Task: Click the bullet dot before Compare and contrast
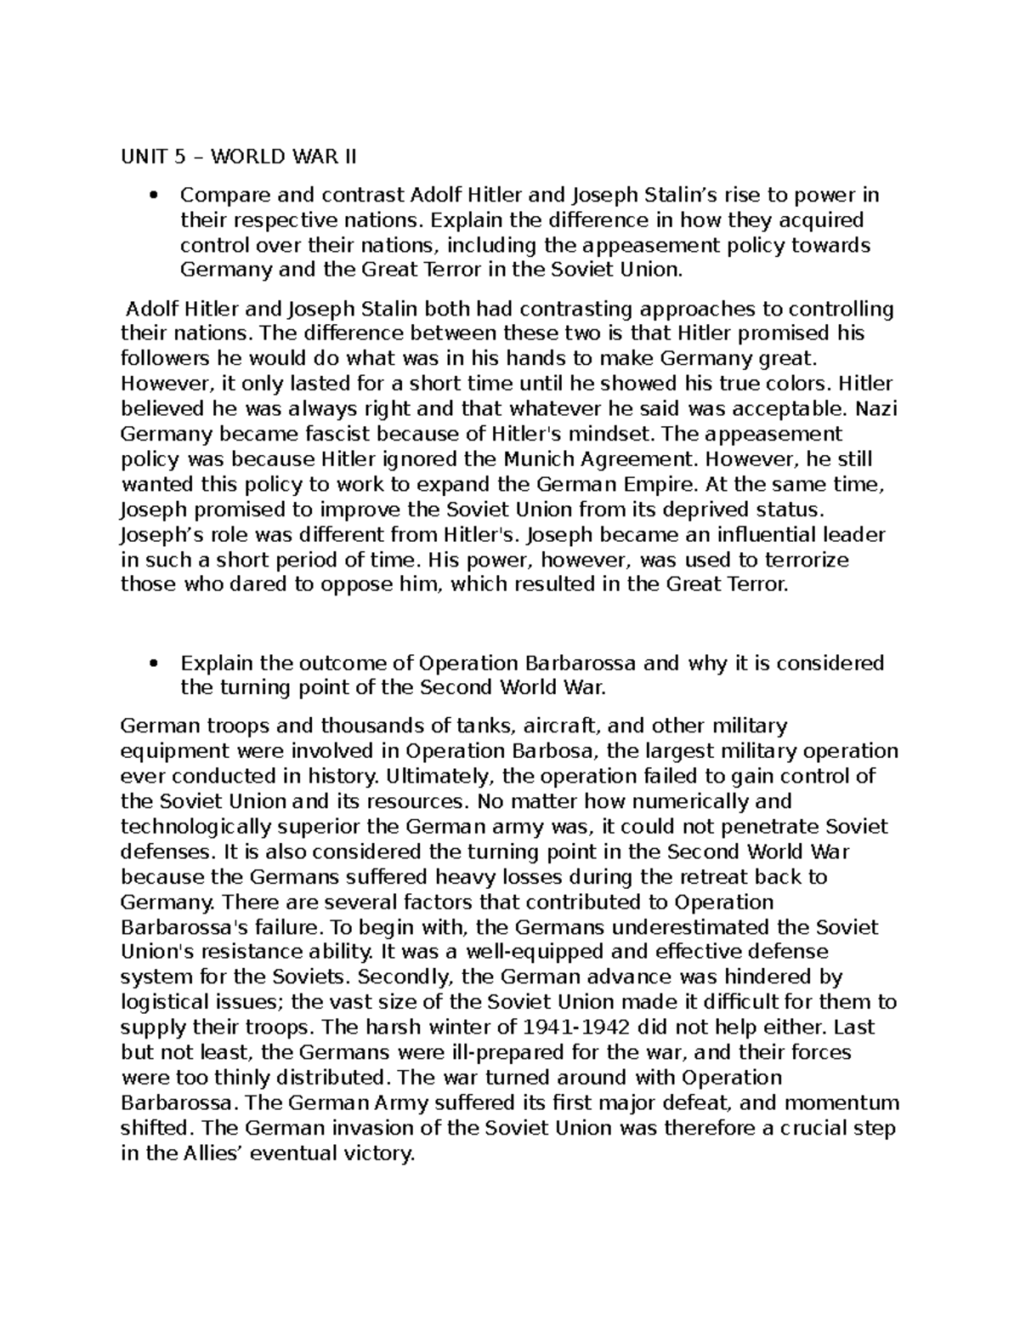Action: (x=154, y=196)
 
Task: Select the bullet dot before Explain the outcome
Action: (x=154, y=663)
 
